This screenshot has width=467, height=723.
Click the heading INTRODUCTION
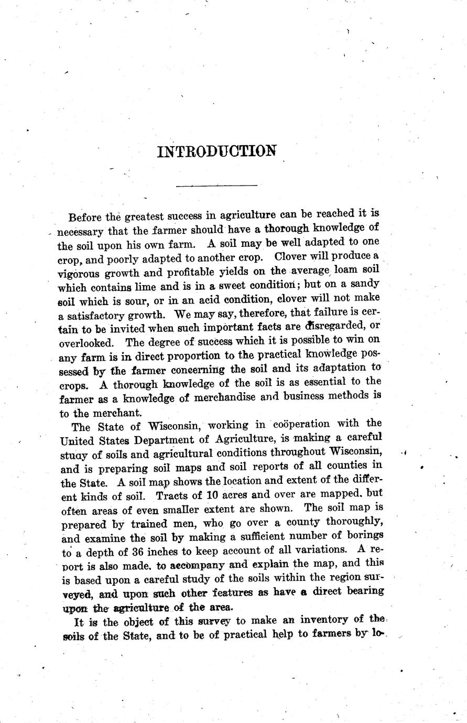(217, 151)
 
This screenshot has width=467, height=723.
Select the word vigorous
(80, 273)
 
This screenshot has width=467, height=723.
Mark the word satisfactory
(99, 316)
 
